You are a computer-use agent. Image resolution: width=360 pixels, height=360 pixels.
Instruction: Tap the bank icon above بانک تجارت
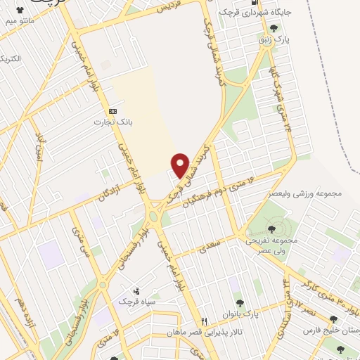pos(112,112)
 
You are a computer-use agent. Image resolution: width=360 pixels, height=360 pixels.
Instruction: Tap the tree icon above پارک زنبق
pos(274,29)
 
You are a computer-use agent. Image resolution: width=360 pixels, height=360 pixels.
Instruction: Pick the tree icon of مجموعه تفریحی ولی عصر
pos(271,229)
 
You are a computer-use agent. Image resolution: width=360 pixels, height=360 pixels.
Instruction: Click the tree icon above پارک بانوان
pos(240,303)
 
